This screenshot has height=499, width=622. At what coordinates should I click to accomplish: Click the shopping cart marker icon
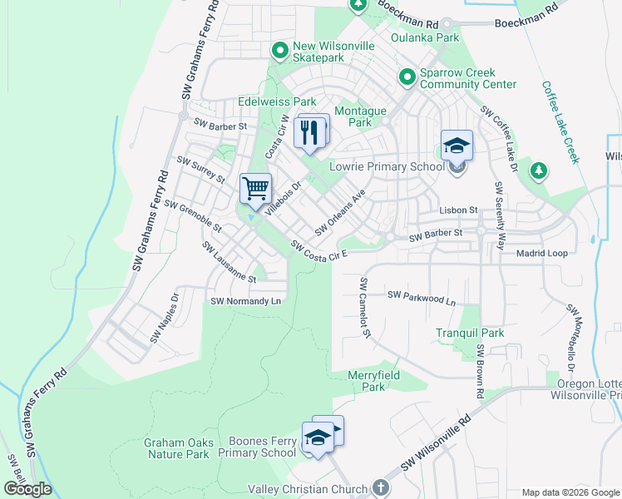click(255, 187)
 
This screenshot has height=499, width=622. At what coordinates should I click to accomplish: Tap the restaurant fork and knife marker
click(310, 131)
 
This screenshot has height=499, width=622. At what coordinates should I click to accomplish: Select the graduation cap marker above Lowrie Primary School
click(457, 146)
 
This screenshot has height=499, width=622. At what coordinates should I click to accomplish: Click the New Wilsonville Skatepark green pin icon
click(279, 51)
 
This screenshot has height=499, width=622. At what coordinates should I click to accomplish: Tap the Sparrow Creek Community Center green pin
click(407, 78)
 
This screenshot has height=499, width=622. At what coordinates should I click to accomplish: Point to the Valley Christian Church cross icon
click(380, 488)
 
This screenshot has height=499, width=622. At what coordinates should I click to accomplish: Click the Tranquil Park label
click(470, 333)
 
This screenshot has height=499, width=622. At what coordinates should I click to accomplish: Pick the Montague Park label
click(360, 116)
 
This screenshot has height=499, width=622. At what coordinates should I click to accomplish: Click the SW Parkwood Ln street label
click(422, 297)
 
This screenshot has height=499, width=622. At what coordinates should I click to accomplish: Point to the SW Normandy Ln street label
click(248, 301)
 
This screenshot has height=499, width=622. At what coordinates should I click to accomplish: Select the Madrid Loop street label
click(541, 253)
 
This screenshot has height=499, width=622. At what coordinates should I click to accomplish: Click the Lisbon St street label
click(460, 211)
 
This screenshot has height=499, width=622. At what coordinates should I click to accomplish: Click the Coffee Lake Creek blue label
click(559, 121)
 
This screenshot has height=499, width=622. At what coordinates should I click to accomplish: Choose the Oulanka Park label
click(425, 37)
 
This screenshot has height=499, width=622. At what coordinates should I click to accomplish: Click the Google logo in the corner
click(27, 489)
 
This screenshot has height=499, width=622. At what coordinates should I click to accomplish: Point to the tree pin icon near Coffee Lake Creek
click(539, 170)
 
